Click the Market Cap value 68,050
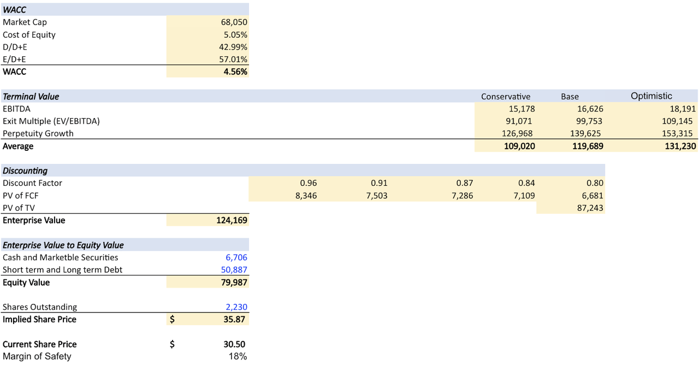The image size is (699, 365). coord(233,22)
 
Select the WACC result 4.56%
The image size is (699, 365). coord(235,72)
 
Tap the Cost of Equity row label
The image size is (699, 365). coord(29,35)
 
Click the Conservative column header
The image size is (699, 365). coord(505,97)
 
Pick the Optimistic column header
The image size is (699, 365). coord(651,96)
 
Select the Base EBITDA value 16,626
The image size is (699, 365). coord(590,109)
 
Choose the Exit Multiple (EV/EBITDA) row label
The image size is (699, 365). coord(51,121)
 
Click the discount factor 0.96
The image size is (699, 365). coord(308,184)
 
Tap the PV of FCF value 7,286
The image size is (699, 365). coord(462,196)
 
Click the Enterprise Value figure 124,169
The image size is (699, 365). coord(232,221)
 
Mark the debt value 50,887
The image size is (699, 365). coord(234,270)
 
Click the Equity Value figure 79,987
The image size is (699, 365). coord(234,282)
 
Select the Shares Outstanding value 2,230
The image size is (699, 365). coord(236,307)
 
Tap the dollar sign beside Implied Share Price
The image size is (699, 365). coord(172,320)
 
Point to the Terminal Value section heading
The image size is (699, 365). coord(31,97)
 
